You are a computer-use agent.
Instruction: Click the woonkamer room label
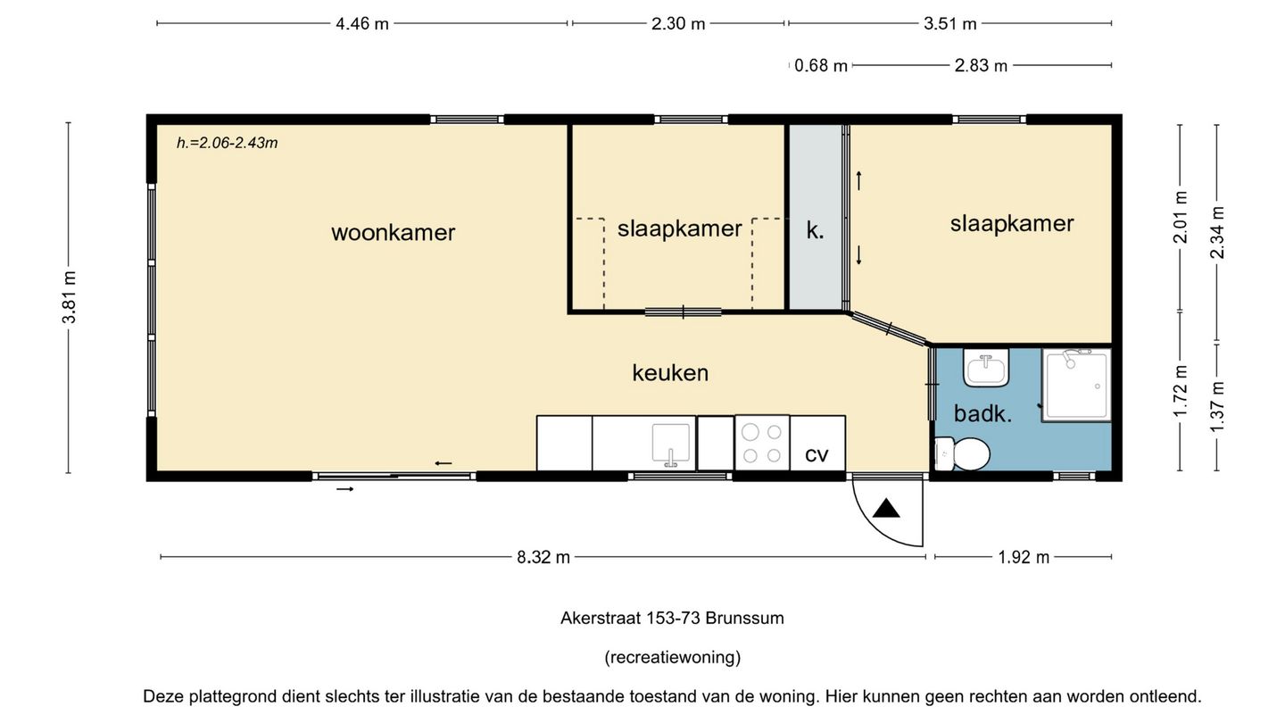click(393, 233)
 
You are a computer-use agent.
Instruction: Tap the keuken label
click(670, 373)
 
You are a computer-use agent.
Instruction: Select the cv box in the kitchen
click(817, 453)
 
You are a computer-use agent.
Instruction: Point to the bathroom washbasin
click(986, 368)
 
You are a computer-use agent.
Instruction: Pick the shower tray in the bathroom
click(1077, 385)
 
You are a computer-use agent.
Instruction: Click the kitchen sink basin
click(671, 445)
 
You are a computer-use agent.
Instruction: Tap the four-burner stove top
click(762, 443)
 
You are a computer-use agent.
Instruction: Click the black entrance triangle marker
click(887, 509)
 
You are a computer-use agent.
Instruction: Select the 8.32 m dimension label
click(543, 557)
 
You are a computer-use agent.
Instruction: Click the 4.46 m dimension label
click(362, 24)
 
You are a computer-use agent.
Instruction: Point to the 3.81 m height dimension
click(69, 297)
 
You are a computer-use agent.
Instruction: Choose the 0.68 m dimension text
click(821, 65)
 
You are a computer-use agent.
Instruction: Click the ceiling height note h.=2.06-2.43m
click(228, 143)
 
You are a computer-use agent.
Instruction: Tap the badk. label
click(982, 414)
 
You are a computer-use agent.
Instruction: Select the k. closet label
click(815, 230)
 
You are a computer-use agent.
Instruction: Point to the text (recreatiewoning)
click(672, 658)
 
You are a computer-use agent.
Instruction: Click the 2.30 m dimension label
click(678, 24)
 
